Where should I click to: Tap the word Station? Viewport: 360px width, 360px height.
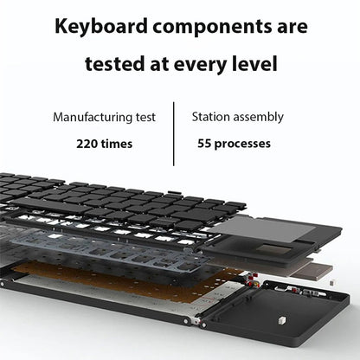[x=212, y=116]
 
